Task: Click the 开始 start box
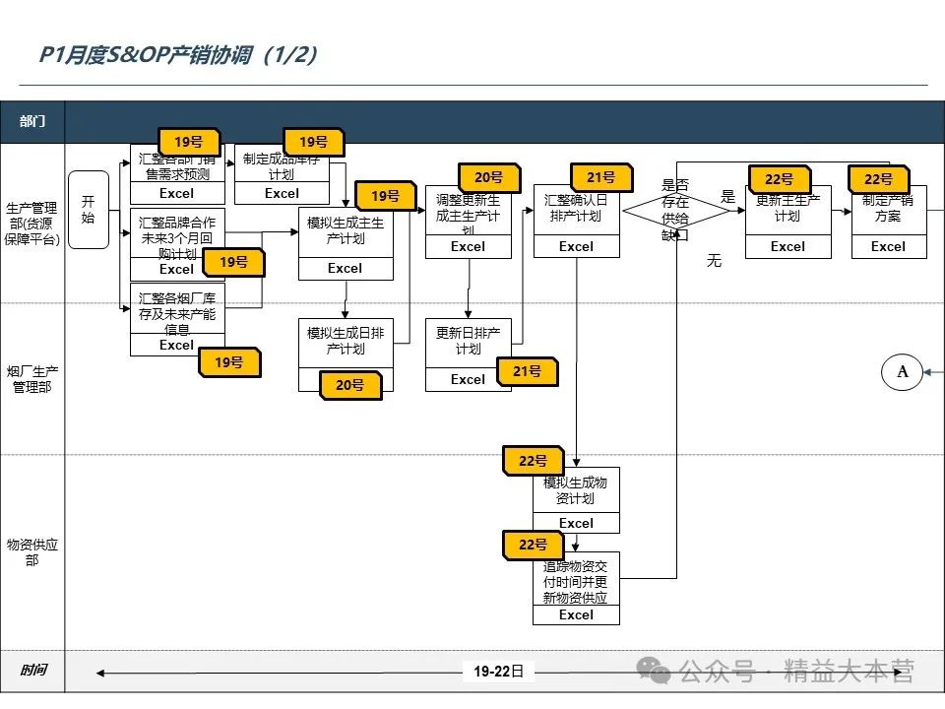pyautogui.click(x=88, y=210)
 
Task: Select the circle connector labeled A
pyautogui.click(x=902, y=371)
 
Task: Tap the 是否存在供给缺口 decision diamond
pyautogui.click(x=675, y=211)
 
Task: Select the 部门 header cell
pyautogui.click(x=32, y=122)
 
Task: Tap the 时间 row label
pyautogui.click(x=32, y=671)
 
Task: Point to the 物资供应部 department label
pyautogui.click(x=32, y=551)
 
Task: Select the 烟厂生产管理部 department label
pyautogui.click(x=32, y=379)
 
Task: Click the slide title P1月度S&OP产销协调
pyautogui.click(x=178, y=55)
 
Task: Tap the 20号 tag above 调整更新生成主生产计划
pyautogui.click(x=489, y=177)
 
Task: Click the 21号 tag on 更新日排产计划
pyautogui.click(x=528, y=371)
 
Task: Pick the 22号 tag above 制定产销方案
pyautogui.click(x=878, y=179)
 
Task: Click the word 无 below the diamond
pyautogui.click(x=714, y=261)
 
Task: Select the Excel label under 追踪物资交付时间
pyautogui.click(x=576, y=614)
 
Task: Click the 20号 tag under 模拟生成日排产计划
pyautogui.click(x=350, y=385)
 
